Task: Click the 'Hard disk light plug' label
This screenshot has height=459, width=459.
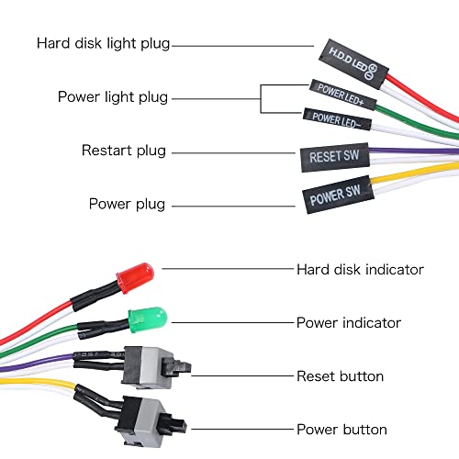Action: click(103, 43)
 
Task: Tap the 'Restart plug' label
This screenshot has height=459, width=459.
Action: click(124, 150)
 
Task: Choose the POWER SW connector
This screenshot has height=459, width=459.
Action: click(336, 196)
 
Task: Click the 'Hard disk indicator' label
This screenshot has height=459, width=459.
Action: click(360, 269)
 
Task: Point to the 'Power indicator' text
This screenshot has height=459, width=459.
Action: click(348, 322)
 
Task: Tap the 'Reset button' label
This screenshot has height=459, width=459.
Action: click(340, 376)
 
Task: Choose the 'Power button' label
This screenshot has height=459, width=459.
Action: click(341, 429)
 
